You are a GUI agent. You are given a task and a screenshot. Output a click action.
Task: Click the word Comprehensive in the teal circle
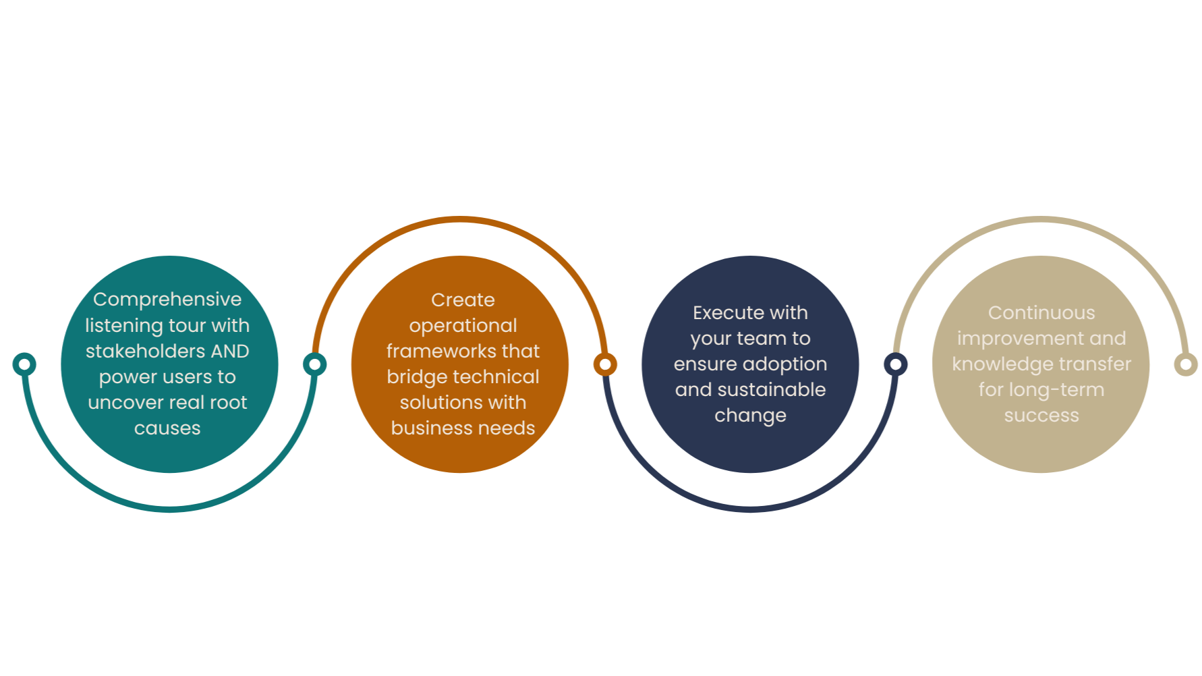167,300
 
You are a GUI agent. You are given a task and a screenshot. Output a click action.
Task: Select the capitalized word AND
230,351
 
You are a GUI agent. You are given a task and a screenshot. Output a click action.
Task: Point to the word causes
167,428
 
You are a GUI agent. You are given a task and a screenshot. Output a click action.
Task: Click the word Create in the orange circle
463,300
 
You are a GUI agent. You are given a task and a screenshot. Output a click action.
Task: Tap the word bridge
413,377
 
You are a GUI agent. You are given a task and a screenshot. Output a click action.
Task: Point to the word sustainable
771,390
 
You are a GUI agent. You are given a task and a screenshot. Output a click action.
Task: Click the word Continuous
1041,313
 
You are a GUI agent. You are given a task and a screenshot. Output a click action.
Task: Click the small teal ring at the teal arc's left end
24,364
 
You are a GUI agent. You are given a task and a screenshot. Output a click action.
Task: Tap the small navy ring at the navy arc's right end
896,363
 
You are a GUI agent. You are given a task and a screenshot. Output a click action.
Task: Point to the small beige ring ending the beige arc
1185,364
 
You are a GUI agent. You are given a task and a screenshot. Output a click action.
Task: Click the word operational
463,326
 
